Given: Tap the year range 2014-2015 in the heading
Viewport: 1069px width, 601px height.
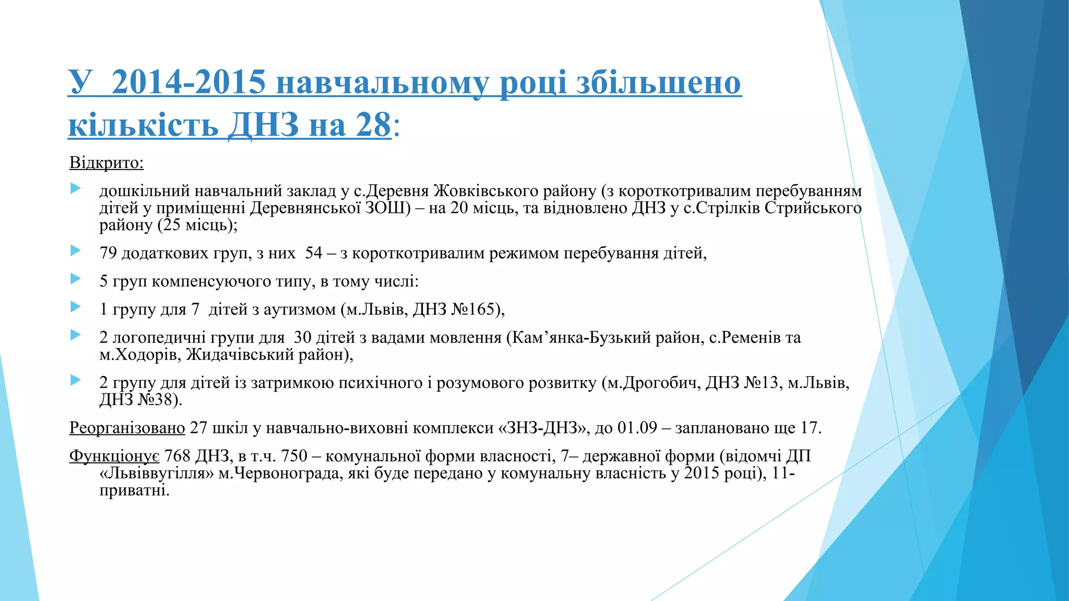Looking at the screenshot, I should coord(188,82).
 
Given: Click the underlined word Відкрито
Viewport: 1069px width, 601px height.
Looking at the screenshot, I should coord(106,163).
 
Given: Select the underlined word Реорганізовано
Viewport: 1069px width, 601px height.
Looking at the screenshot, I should coord(127,428).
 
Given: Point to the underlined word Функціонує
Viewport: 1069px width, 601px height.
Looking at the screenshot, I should coord(114,456).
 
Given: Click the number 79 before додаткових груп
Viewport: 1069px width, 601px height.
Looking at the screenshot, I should coord(108,254).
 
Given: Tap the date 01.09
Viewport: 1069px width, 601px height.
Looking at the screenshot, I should coord(637,428).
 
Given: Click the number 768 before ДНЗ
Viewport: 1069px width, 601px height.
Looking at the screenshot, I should coord(177,456).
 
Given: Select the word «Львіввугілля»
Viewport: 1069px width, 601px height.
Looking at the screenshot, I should coord(157,474).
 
